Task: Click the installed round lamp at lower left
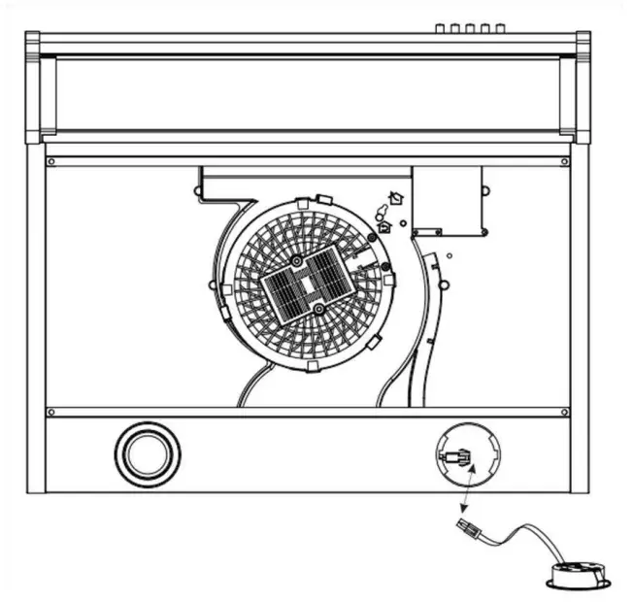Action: [148, 453]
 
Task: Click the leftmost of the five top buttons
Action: [440, 29]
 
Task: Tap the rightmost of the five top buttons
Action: [500, 29]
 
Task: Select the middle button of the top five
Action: [470, 29]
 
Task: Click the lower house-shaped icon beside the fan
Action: [384, 226]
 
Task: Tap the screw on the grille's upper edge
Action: [296, 262]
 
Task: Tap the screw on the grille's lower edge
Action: [318, 309]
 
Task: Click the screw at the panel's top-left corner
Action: [51, 161]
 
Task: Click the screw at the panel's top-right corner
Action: [565, 161]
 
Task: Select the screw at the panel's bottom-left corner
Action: [51, 412]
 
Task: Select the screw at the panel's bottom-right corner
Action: [565, 412]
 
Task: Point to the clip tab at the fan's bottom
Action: [312, 367]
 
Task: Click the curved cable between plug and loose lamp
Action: [519, 534]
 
